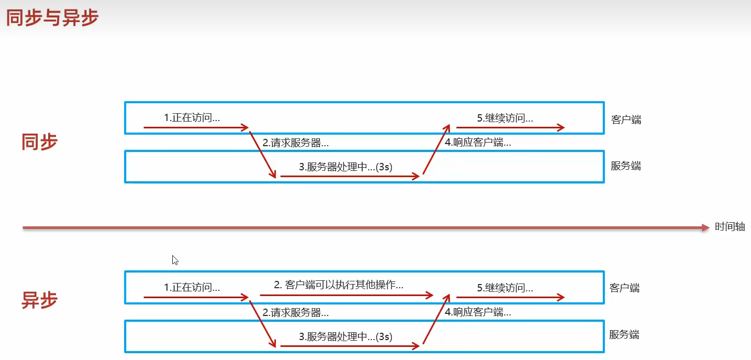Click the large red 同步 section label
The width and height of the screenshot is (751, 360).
tap(39, 141)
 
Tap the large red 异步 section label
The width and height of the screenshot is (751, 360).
tap(39, 300)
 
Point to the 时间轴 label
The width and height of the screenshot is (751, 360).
tap(730, 227)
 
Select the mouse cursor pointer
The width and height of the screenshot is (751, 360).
tap(174, 259)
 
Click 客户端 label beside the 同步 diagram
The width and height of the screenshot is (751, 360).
tap(626, 119)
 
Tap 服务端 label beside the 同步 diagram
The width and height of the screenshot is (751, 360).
tap(625, 166)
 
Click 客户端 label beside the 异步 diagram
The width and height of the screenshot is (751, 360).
tap(624, 288)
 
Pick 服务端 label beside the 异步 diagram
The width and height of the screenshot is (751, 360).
tap(624, 334)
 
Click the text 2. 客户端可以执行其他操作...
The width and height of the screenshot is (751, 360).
tap(338, 285)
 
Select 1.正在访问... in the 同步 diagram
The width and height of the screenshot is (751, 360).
tap(192, 118)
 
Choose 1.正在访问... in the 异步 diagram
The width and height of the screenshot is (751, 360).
tap(192, 287)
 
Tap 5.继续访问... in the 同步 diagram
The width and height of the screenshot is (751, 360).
tap(505, 118)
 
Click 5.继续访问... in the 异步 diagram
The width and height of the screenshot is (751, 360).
tap(505, 287)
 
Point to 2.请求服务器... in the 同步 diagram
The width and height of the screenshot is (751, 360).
tap(295, 143)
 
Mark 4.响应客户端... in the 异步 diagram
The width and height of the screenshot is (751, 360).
tap(478, 312)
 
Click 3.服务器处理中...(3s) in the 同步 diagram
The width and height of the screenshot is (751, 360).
tap(346, 167)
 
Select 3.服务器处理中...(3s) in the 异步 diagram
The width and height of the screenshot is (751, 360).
tap(346, 336)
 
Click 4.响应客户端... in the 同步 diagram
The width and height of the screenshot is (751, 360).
tap(478, 143)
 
